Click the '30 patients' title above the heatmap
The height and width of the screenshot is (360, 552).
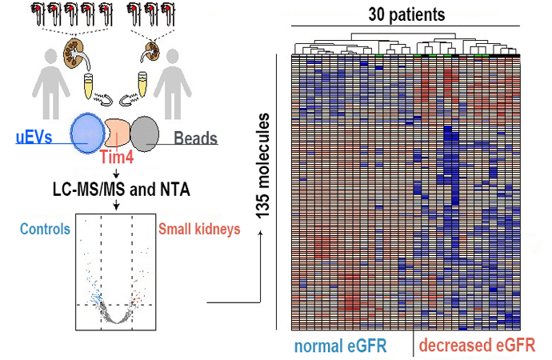406,14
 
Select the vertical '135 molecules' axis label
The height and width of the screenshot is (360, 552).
262,166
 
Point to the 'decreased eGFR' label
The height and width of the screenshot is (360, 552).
477,346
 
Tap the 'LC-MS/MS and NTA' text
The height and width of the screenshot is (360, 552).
116,190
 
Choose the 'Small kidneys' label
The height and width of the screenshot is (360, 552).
198,229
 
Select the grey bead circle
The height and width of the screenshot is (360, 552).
145,134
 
